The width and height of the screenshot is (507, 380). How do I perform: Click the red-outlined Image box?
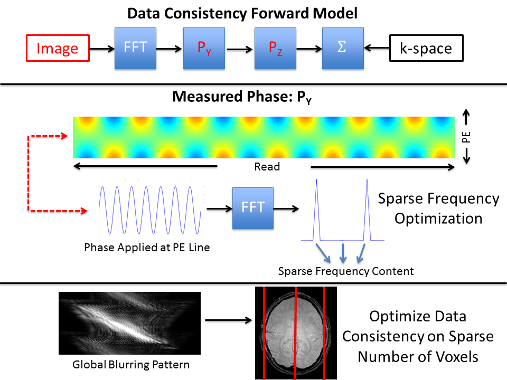[57, 49]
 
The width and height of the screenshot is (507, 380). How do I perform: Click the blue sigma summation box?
[343, 49]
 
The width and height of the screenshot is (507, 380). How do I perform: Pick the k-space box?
[426, 49]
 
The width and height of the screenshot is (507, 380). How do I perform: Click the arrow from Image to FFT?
[102, 49]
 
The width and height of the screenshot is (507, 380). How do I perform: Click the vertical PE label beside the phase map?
[466, 137]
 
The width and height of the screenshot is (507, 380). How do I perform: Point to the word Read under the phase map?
[267, 167]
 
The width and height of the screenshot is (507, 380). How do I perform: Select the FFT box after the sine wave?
[253, 207]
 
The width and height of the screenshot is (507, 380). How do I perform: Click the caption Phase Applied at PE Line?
[147, 247]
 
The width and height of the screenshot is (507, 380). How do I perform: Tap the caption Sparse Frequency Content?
[346, 271]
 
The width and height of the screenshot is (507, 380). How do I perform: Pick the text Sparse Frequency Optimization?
[438, 208]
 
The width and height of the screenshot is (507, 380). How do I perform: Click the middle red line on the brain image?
[296, 332]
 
